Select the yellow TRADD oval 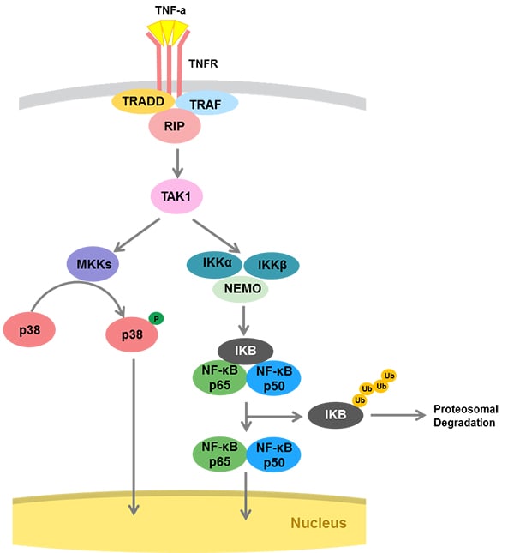[x=145, y=102]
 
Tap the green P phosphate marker [x=157, y=318]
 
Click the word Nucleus [x=318, y=522]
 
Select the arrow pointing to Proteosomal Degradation [x=397, y=415]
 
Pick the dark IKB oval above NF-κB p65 [x=245, y=350]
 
